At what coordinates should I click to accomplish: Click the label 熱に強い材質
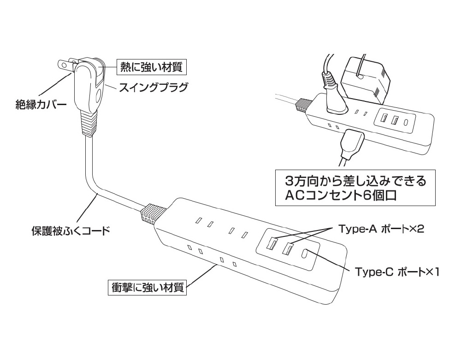pyautogui.click(x=151, y=67)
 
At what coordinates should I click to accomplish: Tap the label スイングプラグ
pyautogui.click(x=153, y=87)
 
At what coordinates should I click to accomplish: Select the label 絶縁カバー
pyautogui.click(x=41, y=105)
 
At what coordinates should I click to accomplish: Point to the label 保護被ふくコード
pyautogui.click(x=71, y=230)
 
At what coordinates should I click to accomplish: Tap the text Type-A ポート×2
pyautogui.click(x=381, y=229)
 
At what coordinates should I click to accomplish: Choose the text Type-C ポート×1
pyautogui.click(x=397, y=272)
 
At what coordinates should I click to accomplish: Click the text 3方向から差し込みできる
pyautogui.click(x=355, y=181)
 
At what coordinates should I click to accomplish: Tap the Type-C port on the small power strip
pyautogui.click(x=407, y=121)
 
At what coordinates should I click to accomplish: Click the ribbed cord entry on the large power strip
pyautogui.click(x=154, y=213)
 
